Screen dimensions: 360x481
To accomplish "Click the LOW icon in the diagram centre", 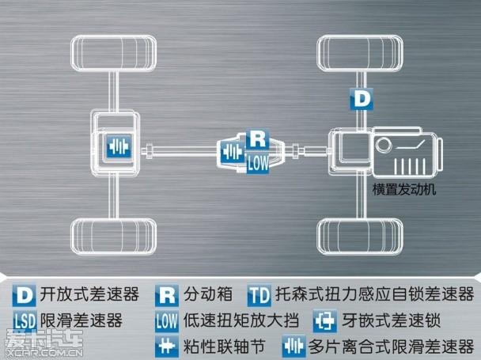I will (258, 163).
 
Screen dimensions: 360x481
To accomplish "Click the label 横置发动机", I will (404, 190).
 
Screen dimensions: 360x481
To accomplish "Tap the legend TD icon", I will (259, 296).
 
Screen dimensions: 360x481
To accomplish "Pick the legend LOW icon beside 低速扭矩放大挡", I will (166, 321).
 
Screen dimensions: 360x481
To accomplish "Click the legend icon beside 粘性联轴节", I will (166, 346).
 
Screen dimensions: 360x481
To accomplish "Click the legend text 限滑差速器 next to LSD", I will (80, 321).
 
